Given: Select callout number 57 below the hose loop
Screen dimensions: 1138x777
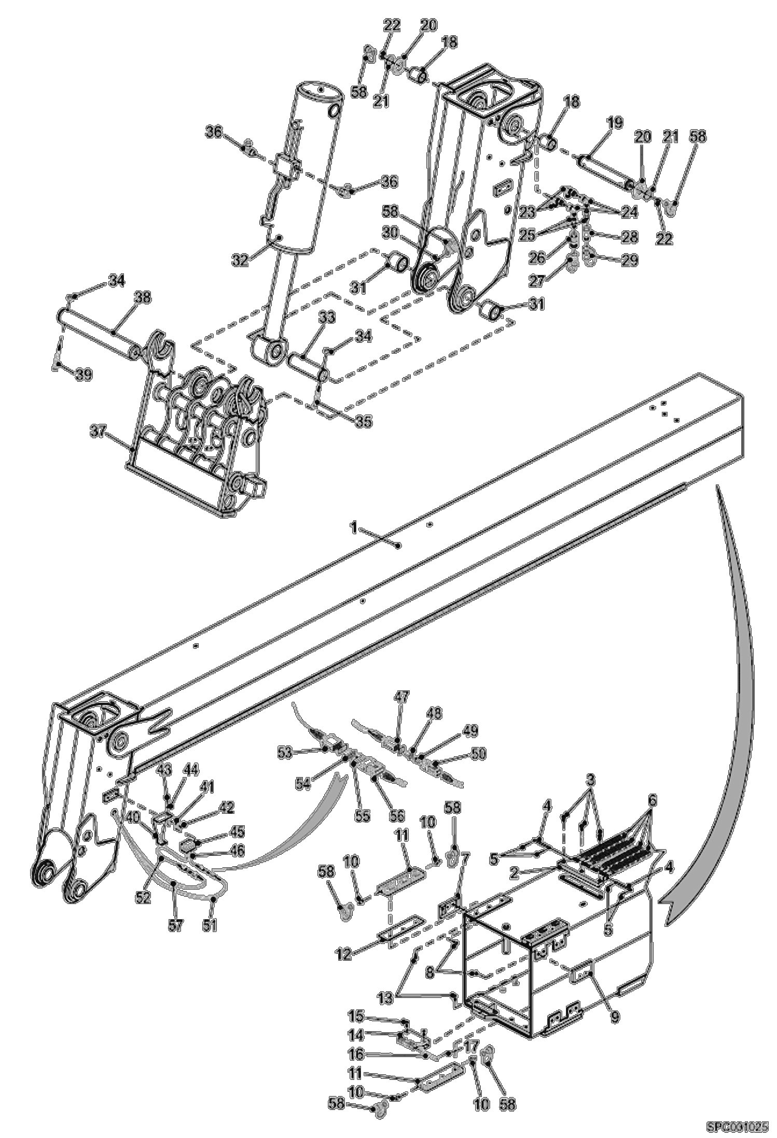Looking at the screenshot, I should pos(176,925).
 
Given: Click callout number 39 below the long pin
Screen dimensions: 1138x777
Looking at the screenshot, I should pos(83,373).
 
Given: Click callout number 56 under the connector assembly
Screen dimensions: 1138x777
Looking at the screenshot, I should pos(397,815).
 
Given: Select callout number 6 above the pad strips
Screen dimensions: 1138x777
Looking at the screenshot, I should pos(651,800).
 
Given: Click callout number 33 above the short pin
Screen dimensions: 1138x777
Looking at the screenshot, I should pos(327,317).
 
